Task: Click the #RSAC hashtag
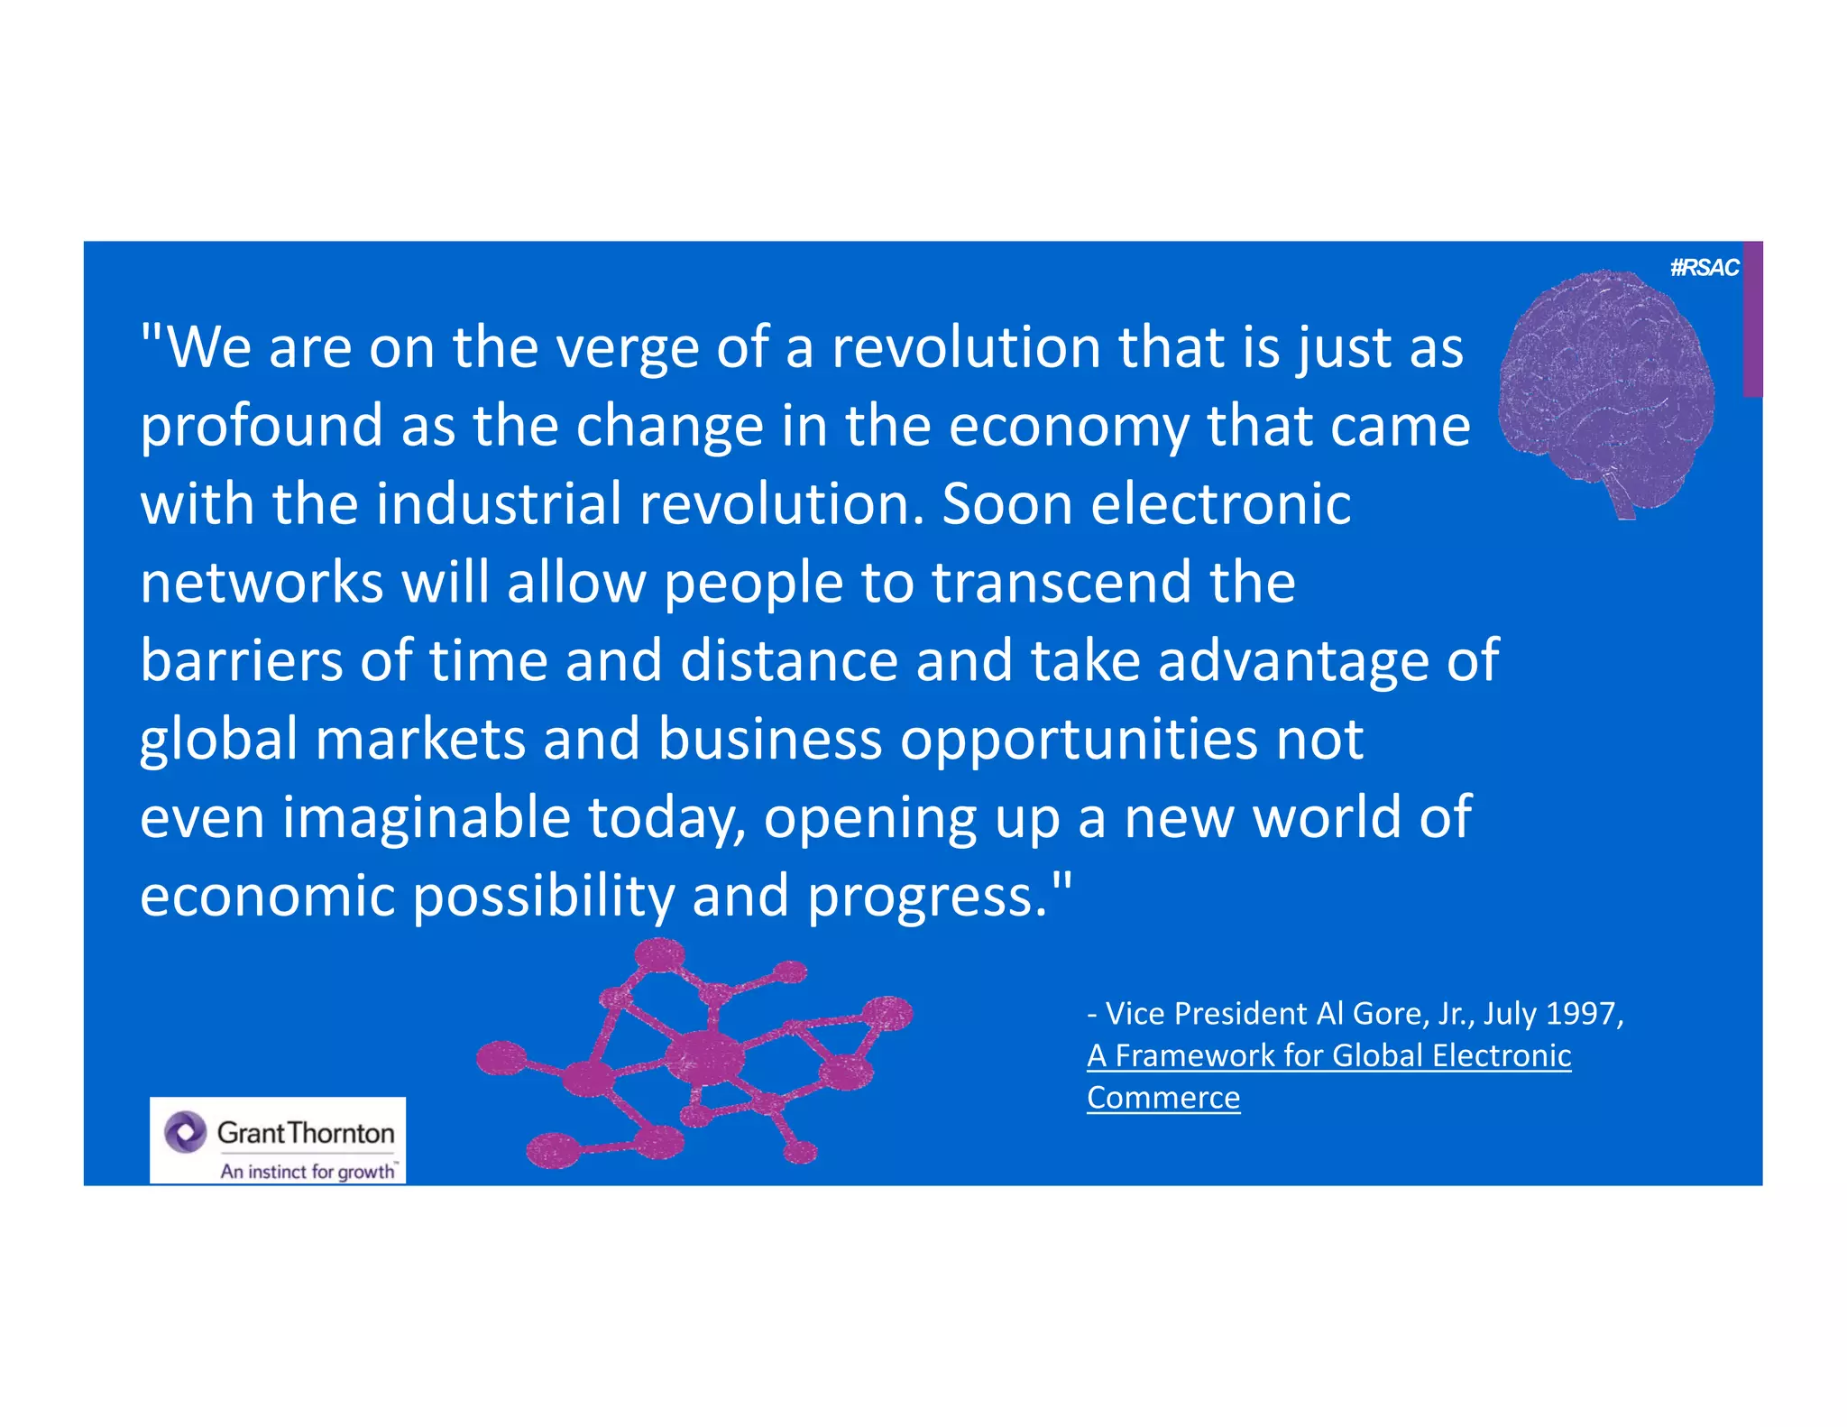point(1704,268)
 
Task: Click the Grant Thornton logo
point(278,1132)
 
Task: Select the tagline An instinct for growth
point(308,1171)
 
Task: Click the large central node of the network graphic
point(705,1056)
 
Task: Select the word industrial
point(499,504)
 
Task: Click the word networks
point(262,583)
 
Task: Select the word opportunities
point(1079,741)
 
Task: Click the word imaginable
point(426,818)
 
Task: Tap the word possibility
point(543,897)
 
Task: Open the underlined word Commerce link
point(1163,1098)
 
